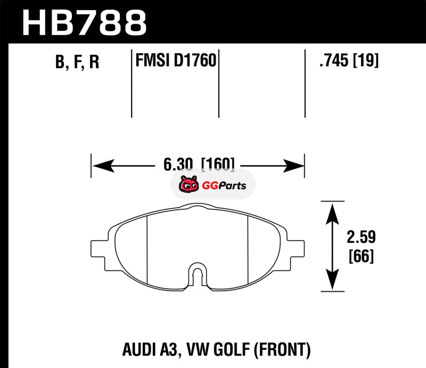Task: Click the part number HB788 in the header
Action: coord(84,22)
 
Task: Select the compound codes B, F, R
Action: coord(77,63)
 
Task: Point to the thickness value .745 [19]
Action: coord(348,62)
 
